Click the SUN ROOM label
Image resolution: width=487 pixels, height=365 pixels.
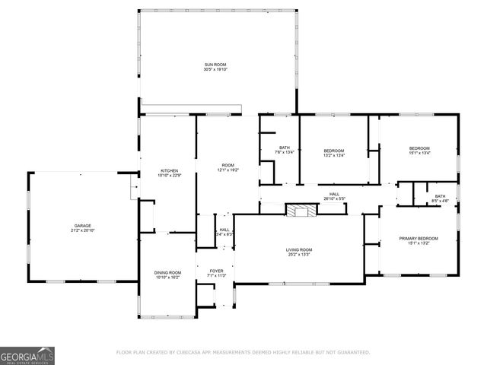point(215,64)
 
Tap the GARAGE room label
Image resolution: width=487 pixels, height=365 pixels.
point(82,225)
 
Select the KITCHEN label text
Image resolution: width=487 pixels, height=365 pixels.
point(169,170)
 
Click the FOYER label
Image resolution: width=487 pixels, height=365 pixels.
point(217,269)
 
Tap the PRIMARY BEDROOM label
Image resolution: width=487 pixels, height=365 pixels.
point(419,239)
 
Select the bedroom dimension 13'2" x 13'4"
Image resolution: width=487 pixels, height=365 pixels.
point(334,155)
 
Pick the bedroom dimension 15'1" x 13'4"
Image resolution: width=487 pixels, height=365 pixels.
point(419,153)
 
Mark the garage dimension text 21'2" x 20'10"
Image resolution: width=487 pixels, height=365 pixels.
point(82,230)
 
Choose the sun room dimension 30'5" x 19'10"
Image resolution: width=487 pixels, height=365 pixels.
point(215,69)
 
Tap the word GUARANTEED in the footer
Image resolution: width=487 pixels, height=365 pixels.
point(353,353)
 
